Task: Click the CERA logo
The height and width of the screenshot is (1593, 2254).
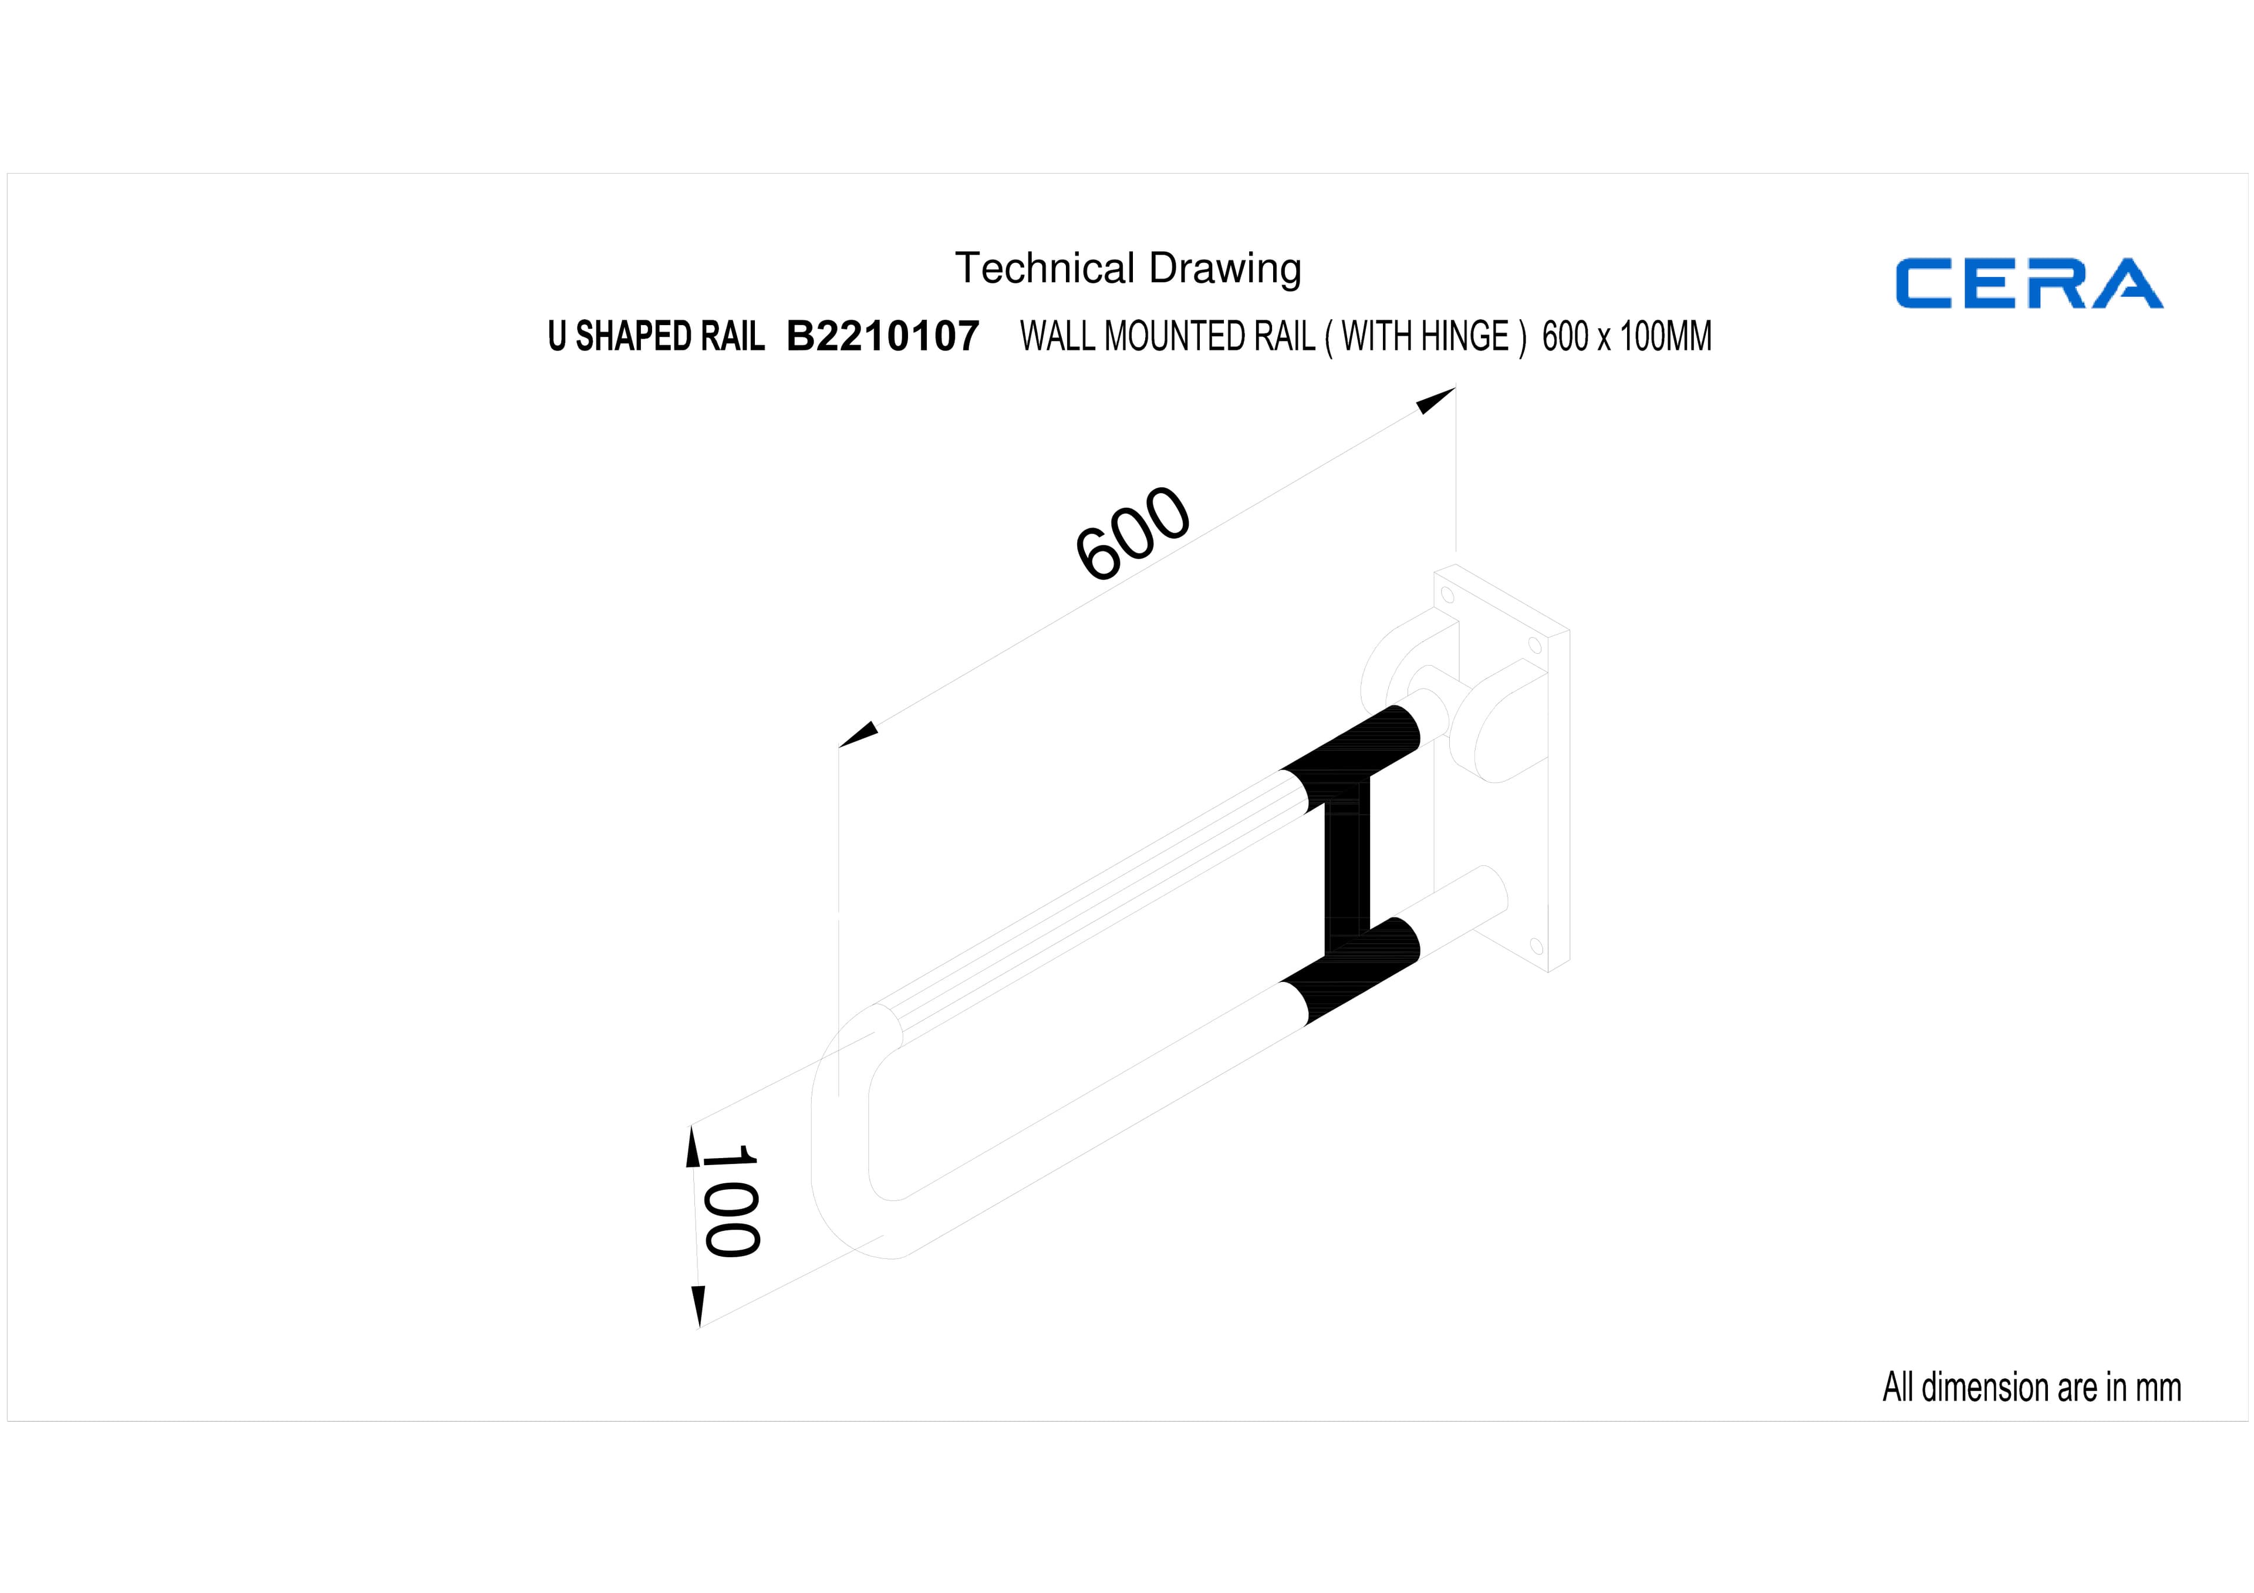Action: click(x=2029, y=283)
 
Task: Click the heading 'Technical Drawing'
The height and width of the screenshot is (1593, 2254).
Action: click(x=1128, y=268)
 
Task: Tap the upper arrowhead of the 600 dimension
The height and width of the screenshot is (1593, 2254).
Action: click(x=1435, y=400)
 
